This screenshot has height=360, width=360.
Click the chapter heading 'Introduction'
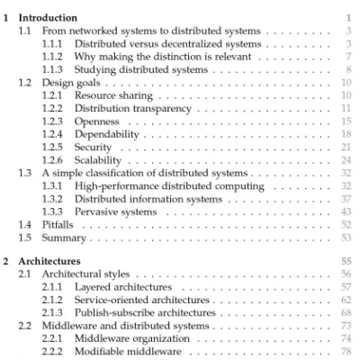tap(55, 16)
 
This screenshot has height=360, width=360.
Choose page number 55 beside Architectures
tap(346, 257)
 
